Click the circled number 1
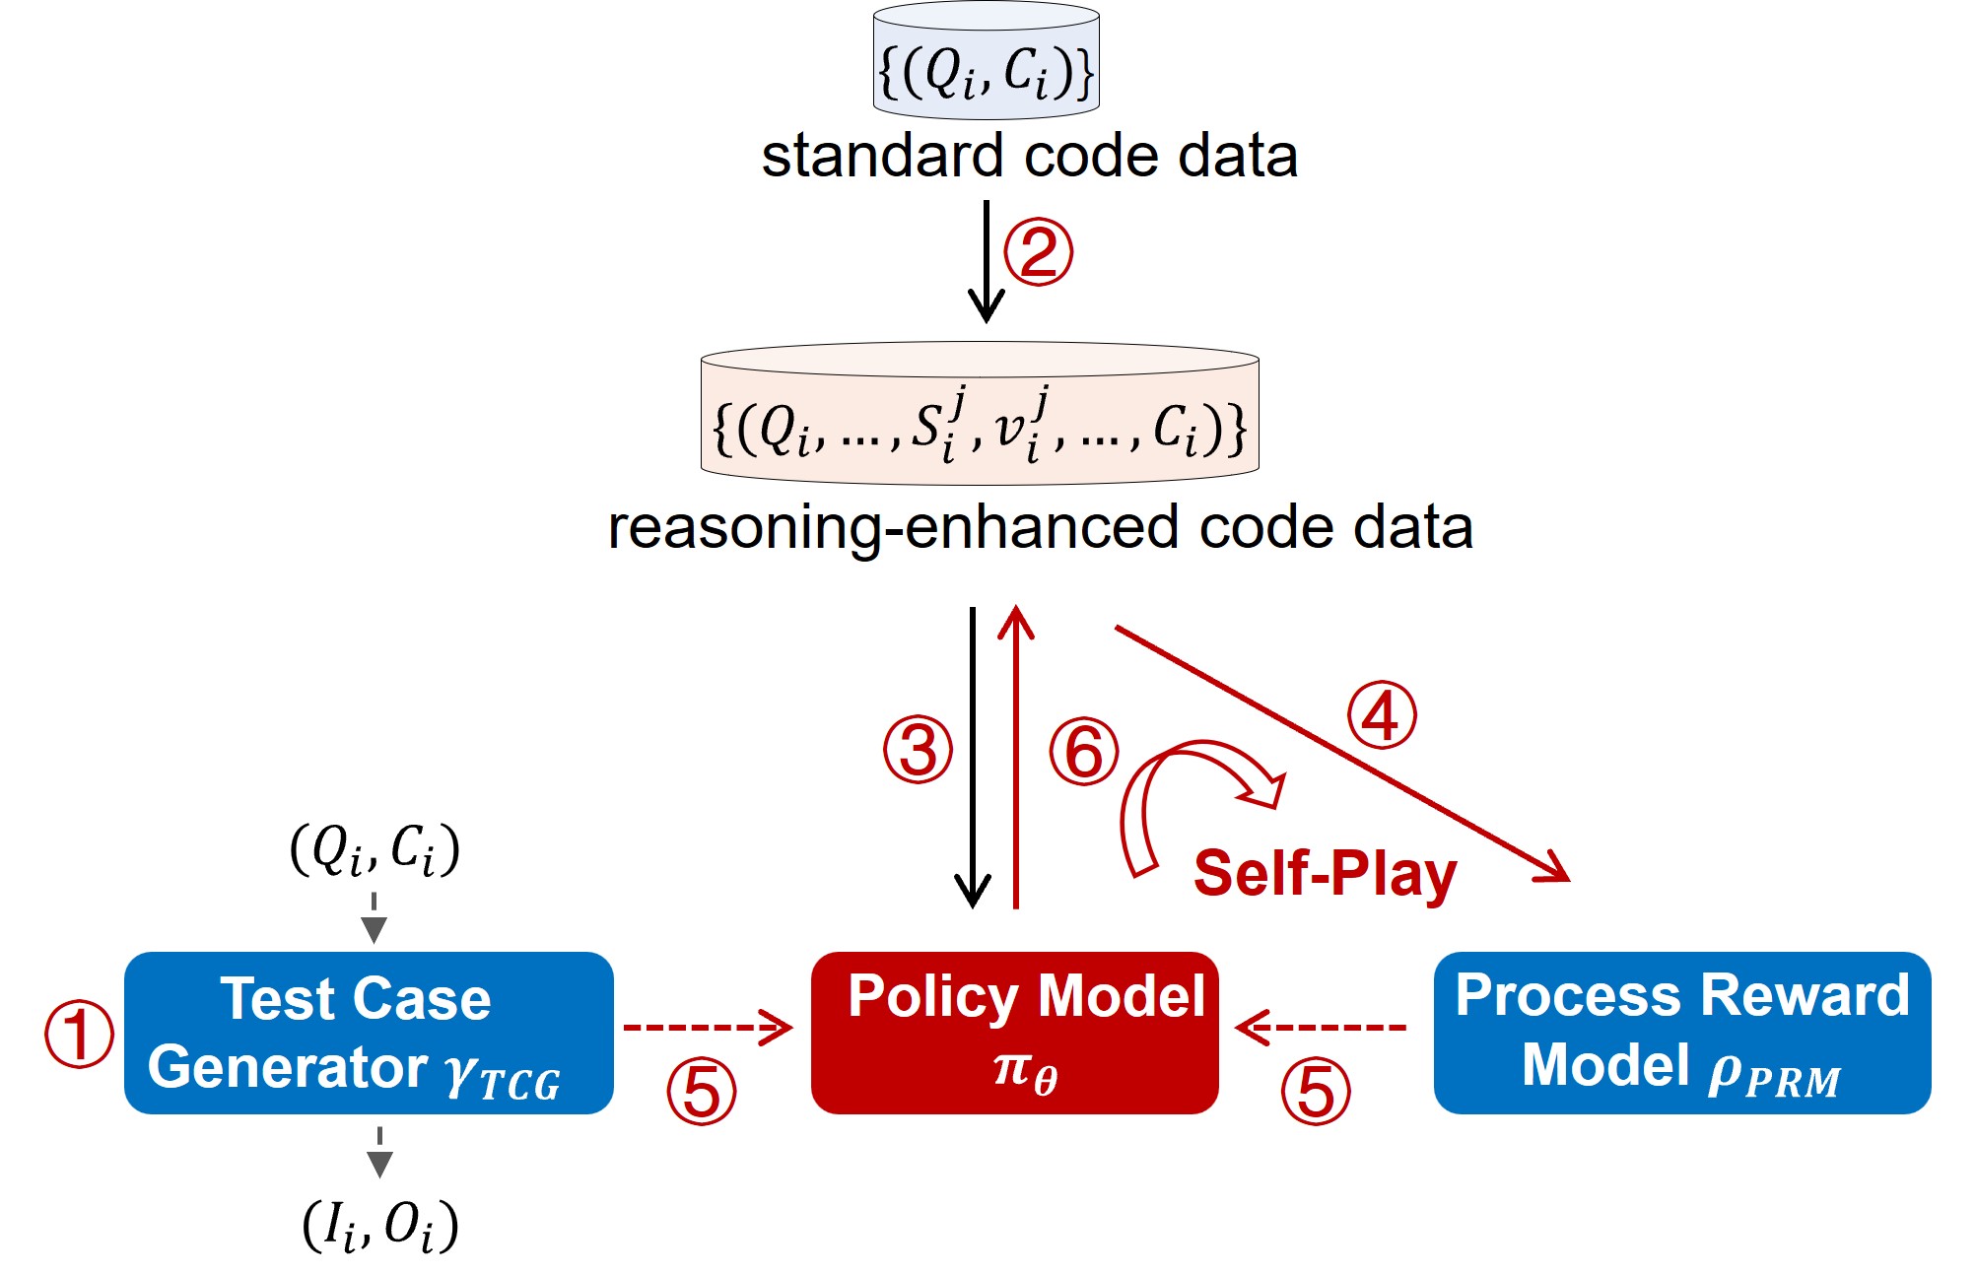click(x=79, y=1034)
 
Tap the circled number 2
click(x=1038, y=252)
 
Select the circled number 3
click(x=918, y=750)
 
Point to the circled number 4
click(x=1382, y=715)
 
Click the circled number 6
click(x=1084, y=752)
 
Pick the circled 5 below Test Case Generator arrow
click(x=702, y=1091)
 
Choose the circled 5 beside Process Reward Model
click(x=1316, y=1091)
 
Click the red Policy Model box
click(x=1014, y=1032)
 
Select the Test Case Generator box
click(x=369, y=1032)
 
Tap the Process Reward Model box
click(x=1681, y=1032)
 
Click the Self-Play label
click(x=1325, y=873)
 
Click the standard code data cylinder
click(x=986, y=61)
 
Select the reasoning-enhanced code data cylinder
click(x=980, y=415)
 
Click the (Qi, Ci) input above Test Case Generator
click(x=375, y=848)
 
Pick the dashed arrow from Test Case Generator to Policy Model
click(x=708, y=1028)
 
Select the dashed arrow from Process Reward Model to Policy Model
click(x=1322, y=1028)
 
